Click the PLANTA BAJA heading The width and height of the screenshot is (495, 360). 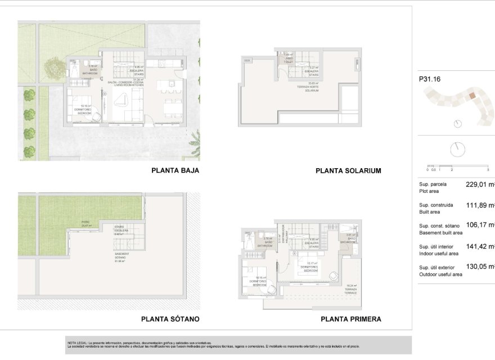(175, 170)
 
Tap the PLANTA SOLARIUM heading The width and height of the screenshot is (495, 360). (349, 170)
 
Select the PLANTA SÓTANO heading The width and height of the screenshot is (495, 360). (170, 319)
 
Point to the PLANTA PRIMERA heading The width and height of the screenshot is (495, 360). (350, 319)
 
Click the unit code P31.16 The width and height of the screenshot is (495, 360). (429, 79)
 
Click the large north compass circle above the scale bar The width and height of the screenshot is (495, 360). (458, 150)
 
